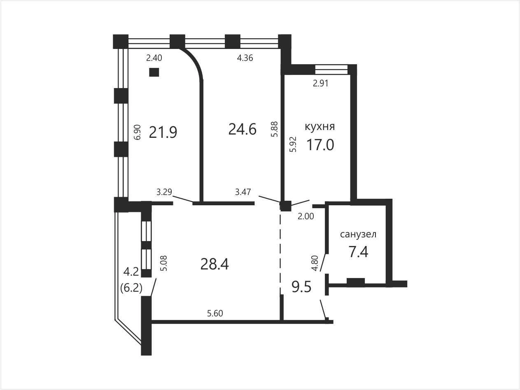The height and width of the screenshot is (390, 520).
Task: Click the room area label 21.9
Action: (163, 132)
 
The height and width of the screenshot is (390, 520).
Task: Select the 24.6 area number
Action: (243, 130)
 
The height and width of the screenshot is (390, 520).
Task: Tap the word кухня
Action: (319, 127)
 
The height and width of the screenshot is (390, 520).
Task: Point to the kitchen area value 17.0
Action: (320, 145)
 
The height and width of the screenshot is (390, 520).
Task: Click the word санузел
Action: (358, 234)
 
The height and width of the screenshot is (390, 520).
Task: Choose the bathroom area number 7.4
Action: (359, 252)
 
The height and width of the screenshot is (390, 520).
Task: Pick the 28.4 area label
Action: (215, 264)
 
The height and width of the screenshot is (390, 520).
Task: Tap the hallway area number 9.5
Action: (301, 287)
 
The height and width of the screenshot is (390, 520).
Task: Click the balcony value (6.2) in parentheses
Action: (131, 288)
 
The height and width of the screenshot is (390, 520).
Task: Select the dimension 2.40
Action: (154, 58)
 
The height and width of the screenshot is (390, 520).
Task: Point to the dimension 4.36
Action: (245, 58)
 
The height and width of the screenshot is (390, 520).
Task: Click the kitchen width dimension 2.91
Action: (321, 83)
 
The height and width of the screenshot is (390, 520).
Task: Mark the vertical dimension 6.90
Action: (138, 132)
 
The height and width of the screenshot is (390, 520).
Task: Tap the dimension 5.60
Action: (215, 313)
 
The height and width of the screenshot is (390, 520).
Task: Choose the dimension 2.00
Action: (305, 216)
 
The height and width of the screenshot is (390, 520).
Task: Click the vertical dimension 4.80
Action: (315, 263)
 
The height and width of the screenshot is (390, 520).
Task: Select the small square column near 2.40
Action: (154, 72)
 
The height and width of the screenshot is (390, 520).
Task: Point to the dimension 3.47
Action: (243, 192)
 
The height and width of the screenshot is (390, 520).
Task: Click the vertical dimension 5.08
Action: (164, 263)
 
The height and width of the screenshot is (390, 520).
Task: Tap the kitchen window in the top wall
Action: (331, 70)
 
